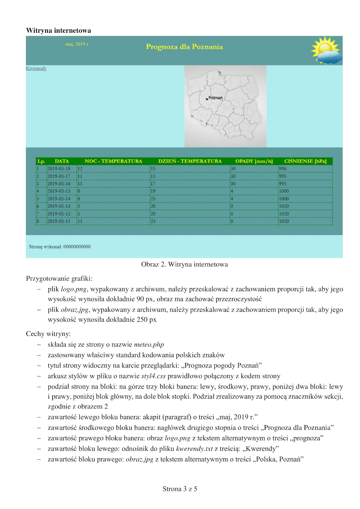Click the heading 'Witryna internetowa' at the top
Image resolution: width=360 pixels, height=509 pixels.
(59, 31)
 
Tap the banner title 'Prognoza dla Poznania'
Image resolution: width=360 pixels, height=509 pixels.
(184, 47)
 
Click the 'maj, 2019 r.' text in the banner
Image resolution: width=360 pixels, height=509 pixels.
(77, 44)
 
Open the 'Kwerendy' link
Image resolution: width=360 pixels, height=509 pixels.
(36, 68)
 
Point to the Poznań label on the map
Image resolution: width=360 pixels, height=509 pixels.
(215, 98)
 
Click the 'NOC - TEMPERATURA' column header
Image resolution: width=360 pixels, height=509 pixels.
(113, 161)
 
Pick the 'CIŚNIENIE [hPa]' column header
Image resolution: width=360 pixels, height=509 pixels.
(305, 161)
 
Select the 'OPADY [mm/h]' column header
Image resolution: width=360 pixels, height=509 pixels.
(254, 161)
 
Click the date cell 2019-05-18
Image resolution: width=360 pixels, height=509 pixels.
(59, 169)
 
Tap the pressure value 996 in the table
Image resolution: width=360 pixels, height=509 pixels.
(283, 169)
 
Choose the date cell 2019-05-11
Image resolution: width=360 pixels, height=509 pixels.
(59, 221)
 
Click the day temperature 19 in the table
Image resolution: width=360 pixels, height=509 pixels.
(153, 191)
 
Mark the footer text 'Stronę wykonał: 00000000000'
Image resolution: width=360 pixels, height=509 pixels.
(60, 247)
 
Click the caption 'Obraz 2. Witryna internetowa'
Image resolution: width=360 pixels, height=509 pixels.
(184, 264)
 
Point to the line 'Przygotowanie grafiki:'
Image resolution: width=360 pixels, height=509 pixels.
(59, 279)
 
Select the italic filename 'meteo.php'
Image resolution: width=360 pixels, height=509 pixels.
(149, 345)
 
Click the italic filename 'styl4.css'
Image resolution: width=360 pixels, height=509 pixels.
(153, 376)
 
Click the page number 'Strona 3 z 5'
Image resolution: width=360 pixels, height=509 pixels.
(180, 489)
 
